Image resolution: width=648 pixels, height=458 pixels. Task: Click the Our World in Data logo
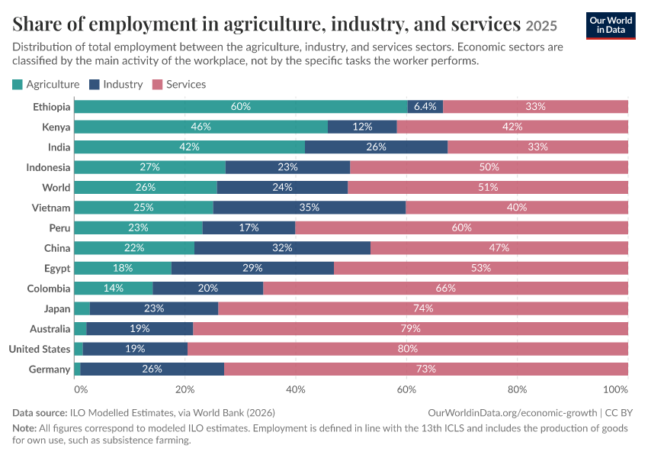coord(611,26)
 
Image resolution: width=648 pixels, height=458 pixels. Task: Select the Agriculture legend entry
coord(46,85)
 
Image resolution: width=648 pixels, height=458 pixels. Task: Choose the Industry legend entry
coord(116,85)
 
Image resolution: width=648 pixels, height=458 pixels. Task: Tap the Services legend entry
coord(179,85)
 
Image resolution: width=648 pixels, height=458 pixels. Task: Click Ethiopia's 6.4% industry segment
coord(425,106)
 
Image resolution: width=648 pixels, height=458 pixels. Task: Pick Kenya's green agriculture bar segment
coord(200,127)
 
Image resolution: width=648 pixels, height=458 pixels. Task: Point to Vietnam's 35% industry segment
coord(310,208)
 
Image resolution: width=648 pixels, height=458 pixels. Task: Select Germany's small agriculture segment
coord(77,369)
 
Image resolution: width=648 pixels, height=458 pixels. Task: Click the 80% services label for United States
coord(408,349)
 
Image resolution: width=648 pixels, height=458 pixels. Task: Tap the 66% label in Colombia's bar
coord(445,288)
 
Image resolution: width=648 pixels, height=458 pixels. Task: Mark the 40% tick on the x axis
coord(296,389)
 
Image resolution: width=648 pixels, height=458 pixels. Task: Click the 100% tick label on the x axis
coord(616,389)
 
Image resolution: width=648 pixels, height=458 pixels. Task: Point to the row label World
coord(56,188)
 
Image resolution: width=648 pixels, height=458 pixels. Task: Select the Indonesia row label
coord(48,167)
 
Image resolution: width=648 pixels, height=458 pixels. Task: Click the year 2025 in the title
coord(541,26)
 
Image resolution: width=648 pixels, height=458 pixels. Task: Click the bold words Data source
coord(40,412)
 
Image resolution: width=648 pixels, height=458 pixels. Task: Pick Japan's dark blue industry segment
coord(154,308)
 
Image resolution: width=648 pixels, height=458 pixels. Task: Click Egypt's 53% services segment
coord(481,268)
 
